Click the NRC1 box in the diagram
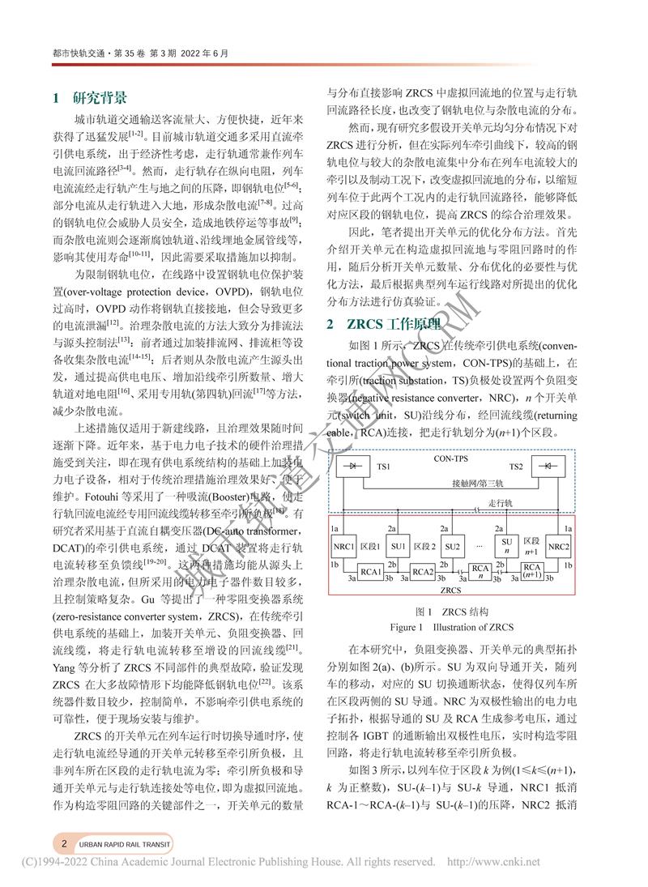(x=343, y=546)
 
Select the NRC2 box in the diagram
(x=559, y=546)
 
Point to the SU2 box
(x=452, y=546)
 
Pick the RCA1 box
(x=371, y=571)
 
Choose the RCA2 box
(x=423, y=571)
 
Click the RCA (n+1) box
(x=531, y=570)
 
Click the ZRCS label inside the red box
(x=451, y=591)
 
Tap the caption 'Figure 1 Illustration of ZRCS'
(x=451, y=627)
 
